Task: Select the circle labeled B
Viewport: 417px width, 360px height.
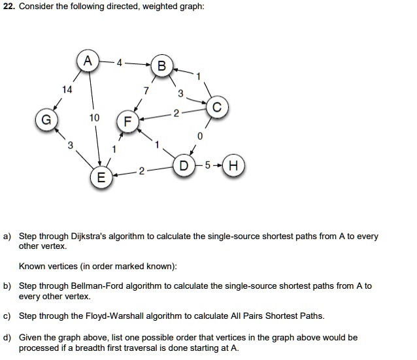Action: (161, 66)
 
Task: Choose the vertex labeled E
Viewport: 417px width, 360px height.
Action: (100, 178)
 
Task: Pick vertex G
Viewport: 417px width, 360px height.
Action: (45, 122)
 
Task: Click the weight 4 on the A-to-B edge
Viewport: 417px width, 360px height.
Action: (118, 63)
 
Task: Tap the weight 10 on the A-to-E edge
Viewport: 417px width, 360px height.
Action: (95, 118)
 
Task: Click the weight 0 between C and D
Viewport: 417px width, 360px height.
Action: (200, 137)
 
